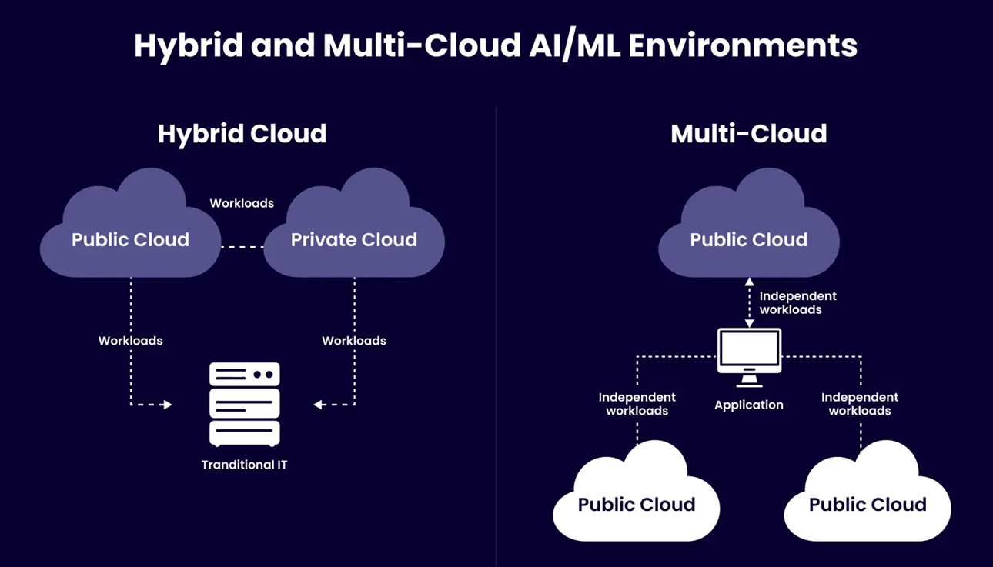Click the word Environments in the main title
coord(742,46)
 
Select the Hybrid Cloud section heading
coord(242,134)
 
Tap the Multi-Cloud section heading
coord(748,134)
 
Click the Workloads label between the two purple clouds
coord(242,203)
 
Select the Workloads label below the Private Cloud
coord(354,340)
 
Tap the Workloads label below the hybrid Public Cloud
coord(130,340)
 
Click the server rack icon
coord(244,404)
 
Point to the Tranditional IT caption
coord(244,465)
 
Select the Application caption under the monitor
coord(749,405)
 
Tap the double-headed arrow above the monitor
coord(749,302)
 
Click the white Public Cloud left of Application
coord(637,500)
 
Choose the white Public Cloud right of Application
coord(868,500)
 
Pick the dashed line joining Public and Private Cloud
coord(242,247)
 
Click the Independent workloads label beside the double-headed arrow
coord(797,302)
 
